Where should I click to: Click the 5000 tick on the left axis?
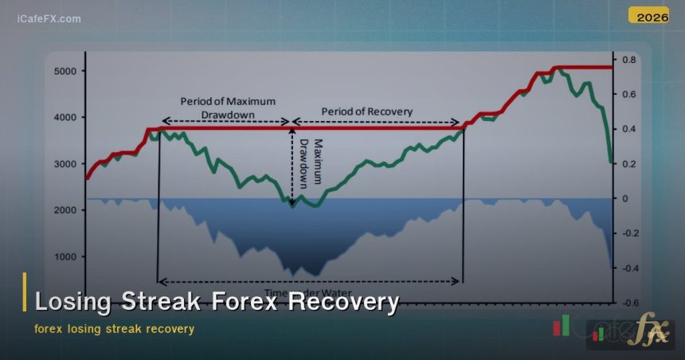point(65,71)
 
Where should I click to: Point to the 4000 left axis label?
point(65,117)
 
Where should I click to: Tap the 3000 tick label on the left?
point(65,164)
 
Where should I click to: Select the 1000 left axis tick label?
point(65,257)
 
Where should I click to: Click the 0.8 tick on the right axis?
point(629,60)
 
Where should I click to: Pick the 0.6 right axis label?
point(629,95)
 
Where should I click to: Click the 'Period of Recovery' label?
point(367,112)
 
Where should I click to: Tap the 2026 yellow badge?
point(648,15)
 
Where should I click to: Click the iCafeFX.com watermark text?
point(49,18)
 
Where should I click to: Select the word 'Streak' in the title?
point(163,302)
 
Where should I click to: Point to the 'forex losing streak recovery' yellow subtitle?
point(114,328)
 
